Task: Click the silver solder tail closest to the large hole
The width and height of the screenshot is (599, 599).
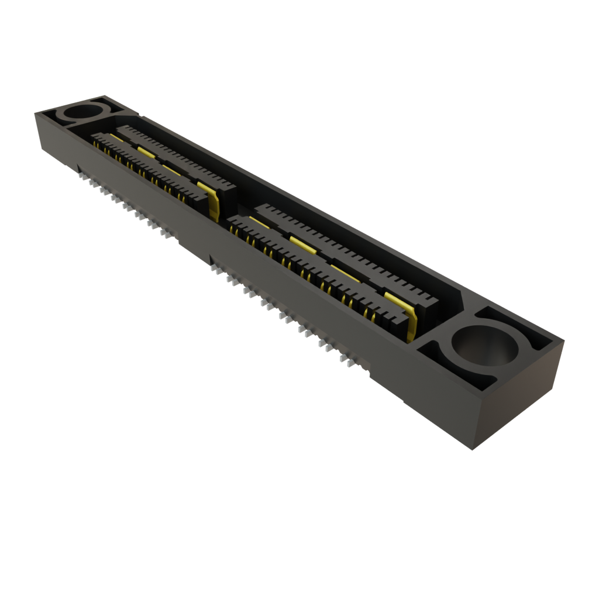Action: pyautogui.click(x=349, y=362)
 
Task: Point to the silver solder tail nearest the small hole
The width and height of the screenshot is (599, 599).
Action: pyautogui.click(x=80, y=170)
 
